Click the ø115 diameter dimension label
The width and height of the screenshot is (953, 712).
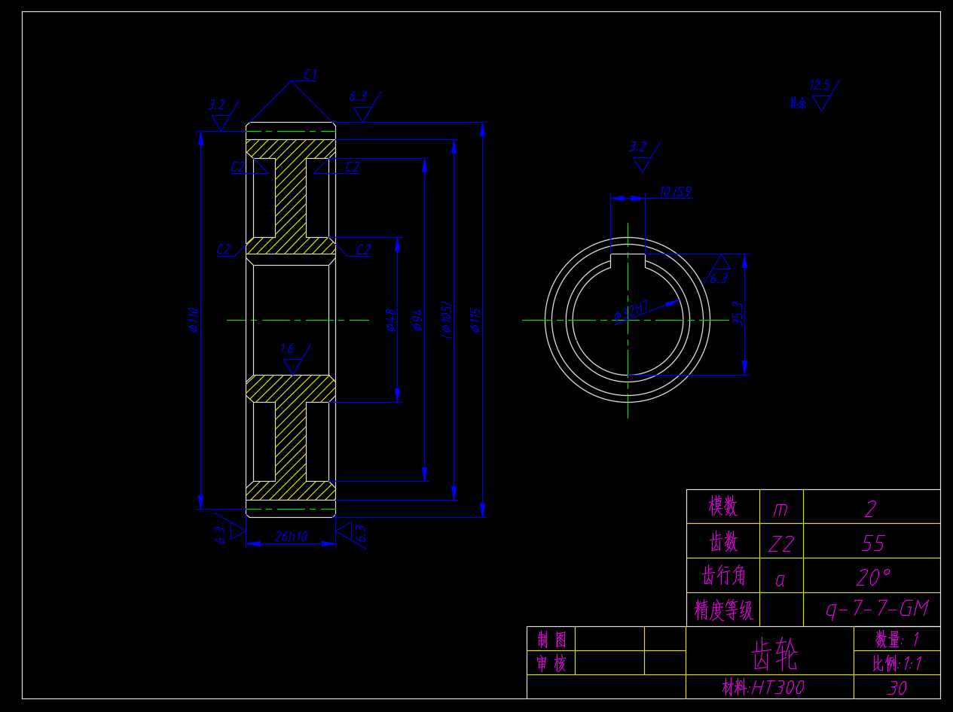475,319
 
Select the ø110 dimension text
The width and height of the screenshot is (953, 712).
194,319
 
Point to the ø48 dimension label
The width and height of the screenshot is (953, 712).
390,319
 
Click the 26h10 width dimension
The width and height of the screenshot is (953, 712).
291,537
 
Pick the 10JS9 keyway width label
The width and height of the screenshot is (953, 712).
675,192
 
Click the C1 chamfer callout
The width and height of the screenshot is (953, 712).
310,75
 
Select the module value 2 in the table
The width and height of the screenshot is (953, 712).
871,510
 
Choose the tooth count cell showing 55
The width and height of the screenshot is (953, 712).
872,543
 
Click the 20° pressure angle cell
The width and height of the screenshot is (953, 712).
872,577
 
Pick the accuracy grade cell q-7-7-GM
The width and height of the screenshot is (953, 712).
877,609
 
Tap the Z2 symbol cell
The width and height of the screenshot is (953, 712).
781,543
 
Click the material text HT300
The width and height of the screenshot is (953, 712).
763,687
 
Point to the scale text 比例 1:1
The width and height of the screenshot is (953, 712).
896,663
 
